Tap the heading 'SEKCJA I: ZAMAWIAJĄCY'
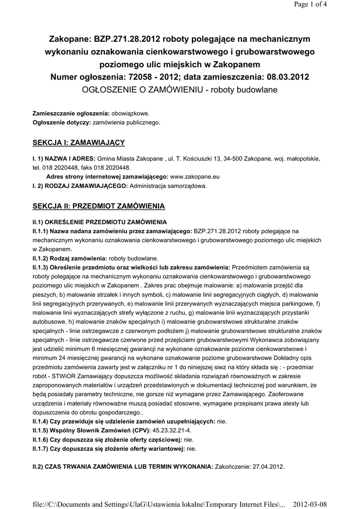point(79,143)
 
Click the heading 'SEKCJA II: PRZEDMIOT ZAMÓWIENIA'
point(98,205)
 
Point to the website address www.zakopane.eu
point(195,176)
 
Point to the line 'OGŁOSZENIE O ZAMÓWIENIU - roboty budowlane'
point(180,90)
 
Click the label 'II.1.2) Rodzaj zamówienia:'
point(70,258)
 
